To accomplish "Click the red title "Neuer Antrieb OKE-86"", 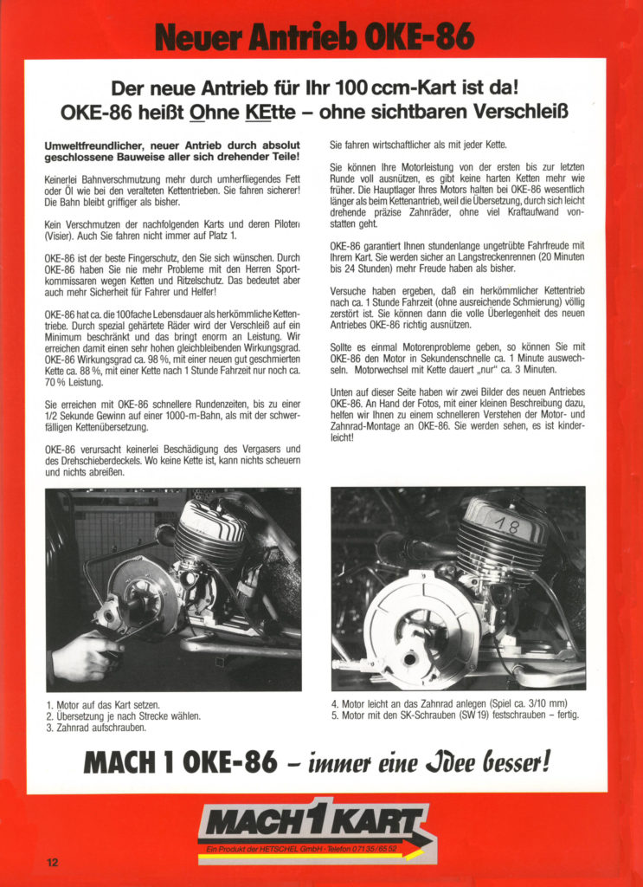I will point(315,36).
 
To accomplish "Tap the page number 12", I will point(53,862).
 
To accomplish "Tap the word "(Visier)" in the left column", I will point(61,234).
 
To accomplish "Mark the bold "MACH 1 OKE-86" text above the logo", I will point(180,762).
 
